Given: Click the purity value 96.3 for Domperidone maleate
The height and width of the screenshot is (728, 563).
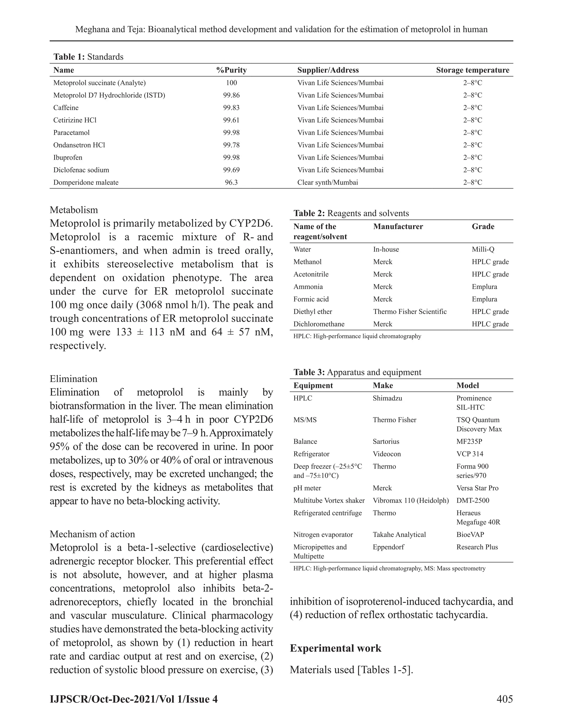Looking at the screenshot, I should coord(231,182).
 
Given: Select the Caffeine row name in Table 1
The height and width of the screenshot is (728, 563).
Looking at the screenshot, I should coord(66,108).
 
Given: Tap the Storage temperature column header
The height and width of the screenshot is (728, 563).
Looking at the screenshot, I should coord(473,70).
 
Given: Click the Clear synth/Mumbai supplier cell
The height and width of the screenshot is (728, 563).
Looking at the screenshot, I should coord(327,182).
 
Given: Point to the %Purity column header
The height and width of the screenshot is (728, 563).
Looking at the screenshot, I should coord(231,70).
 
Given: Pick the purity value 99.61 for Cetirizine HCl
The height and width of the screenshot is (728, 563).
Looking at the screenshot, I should coord(231,120).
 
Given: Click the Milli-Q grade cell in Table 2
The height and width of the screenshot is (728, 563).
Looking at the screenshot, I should coord(483,249).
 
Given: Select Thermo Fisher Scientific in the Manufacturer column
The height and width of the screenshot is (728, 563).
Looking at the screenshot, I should coord(410,312).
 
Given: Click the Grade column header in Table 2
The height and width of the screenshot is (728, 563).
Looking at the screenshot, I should coord(483,227).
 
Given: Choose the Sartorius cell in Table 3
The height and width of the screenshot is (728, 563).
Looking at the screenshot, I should coord(386,441).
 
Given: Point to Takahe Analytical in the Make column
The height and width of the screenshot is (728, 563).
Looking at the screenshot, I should coord(399,535).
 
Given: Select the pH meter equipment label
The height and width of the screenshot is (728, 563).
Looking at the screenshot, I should coord(307,488).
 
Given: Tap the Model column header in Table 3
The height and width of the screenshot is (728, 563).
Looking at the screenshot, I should coord(468,385).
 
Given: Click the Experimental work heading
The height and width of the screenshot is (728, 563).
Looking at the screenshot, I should coord(335,648).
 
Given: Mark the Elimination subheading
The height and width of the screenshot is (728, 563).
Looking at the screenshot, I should coord(73,379).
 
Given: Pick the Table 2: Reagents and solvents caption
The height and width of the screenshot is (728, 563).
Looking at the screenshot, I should coord(351,213).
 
